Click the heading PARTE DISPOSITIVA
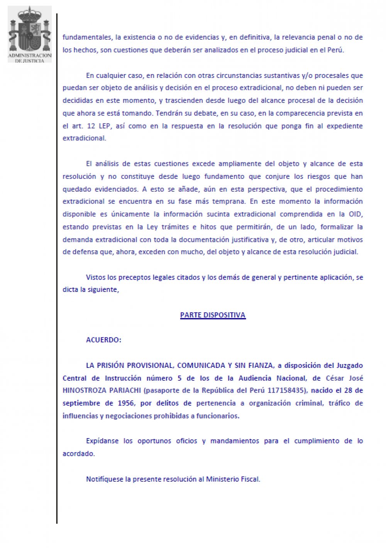(213, 315)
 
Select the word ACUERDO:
(103, 340)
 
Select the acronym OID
(356, 214)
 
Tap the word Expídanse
(102, 441)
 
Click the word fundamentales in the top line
(87, 37)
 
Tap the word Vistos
(95, 277)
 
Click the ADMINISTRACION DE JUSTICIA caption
(30, 58)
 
